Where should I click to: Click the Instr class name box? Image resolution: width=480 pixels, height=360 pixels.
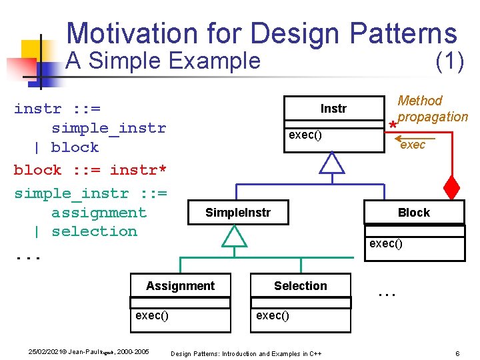[x=333, y=109]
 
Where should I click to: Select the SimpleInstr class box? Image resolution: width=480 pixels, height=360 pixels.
[x=237, y=213]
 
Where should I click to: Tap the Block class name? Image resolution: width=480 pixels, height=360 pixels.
[x=414, y=213]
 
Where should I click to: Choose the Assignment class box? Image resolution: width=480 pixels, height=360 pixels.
[x=180, y=286]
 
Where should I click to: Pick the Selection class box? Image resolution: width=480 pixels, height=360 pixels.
[x=300, y=286]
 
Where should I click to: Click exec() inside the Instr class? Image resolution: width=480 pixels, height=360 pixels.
[x=305, y=135]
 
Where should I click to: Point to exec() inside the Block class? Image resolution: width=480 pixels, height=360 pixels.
[x=386, y=243]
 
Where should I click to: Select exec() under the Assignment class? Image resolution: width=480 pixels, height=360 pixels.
[x=152, y=315]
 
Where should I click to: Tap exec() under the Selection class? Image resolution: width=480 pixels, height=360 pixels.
[x=273, y=315]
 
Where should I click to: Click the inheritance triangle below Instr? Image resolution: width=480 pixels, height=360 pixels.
[x=332, y=163]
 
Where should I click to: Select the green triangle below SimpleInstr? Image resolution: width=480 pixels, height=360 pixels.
[x=234, y=236]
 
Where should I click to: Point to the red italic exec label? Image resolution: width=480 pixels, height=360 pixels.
[x=413, y=145]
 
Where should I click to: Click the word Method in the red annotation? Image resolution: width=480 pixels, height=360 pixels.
[x=419, y=101]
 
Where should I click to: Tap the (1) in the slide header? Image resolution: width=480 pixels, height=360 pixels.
[x=449, y=61]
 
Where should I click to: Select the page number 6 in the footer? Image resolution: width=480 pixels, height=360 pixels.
[x=457, y=353]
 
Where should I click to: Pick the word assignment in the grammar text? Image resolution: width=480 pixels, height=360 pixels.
[x=99, y=213]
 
